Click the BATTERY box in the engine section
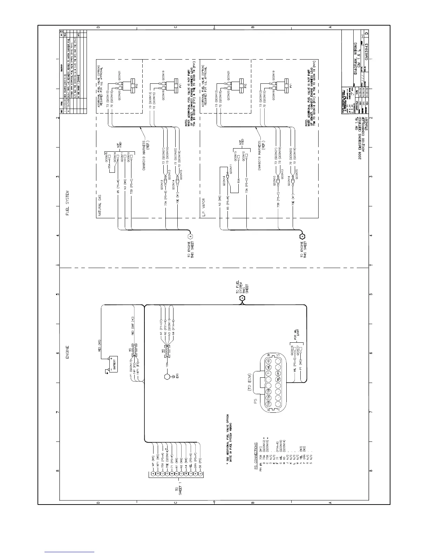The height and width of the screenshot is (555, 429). [x=113, y=365]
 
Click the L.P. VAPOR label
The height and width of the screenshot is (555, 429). [x=203, y=207]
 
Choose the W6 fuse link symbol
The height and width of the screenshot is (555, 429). [x=167, y=351]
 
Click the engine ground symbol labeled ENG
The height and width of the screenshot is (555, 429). [x=168, y=377]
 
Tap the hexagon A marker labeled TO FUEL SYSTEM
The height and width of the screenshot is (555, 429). [x=241, y=298]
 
